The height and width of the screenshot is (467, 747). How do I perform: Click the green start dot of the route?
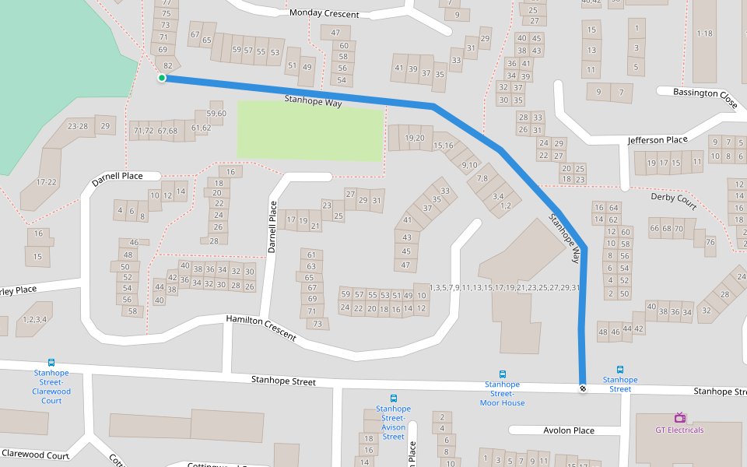[x=162, y=78]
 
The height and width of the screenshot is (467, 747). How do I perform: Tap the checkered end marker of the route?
[x=583, y=388]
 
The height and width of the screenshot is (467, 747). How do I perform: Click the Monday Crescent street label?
[x=324, y=14]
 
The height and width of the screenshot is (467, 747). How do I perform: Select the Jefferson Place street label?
[x=658, y=140]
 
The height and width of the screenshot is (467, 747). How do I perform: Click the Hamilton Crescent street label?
[x=261, y=328]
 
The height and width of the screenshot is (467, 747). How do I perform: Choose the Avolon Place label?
[x=569, y=430]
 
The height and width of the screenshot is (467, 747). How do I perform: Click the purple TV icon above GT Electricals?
[x=679, y=418]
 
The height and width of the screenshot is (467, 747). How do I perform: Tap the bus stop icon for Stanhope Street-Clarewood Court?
[x=51, y=362]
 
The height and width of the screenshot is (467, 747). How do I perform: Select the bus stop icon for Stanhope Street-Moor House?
[x=502, y=374]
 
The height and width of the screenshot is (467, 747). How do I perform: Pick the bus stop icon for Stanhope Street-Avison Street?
[x=393, y=399]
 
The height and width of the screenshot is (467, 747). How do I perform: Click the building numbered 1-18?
[x=704, y=33]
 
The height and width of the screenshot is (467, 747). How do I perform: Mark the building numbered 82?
[x=168, y=65]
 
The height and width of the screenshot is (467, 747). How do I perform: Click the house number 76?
[x=710, y=242]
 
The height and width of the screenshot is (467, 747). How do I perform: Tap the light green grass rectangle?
[x=310, y=131]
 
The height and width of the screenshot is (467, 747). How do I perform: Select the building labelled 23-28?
[x=78, y=126]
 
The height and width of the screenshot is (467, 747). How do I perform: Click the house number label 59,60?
[x=216, y=114]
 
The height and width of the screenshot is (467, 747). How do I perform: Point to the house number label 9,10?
[x=469, y=164]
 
